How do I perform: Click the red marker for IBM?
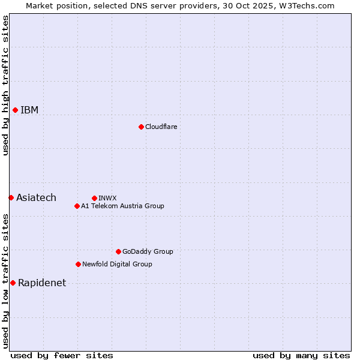(x=15, y=110)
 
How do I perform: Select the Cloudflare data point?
(x=141, y=127)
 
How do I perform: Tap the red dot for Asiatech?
(x=11, y=197)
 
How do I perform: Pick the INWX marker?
(x=94, y=198)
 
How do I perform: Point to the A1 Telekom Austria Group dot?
(x=77, y=206)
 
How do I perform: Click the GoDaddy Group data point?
(x=118, y=251)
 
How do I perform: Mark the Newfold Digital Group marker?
(x=78, y=264)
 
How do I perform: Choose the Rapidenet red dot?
(x=13, y=283)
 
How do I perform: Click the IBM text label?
(x=29, y=110)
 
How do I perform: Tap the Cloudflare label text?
(x=161, y=127)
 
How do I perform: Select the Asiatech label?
(x=36, y=197)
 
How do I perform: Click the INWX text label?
(x=107, y=198)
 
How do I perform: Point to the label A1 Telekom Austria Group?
(x=122, y=206)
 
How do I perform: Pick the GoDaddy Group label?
(x=148, y=251)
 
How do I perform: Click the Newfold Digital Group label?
(x=117, y=264)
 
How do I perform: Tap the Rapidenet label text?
(x=42, y=283)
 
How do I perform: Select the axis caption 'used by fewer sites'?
(x=62, y=355)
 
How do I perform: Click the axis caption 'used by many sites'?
(x=301, y=355)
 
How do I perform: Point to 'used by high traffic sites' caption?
(x=5, y=85)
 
